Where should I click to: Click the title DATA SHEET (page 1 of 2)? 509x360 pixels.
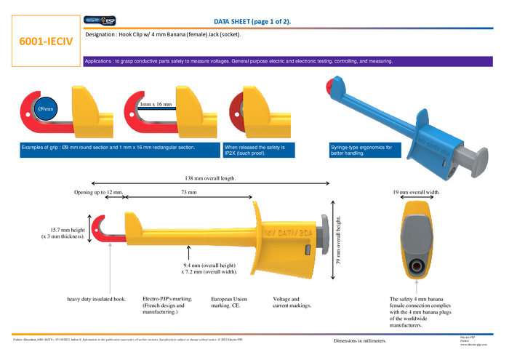[x=252, y=21]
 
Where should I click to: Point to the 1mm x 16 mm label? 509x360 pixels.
[x=156, y=105]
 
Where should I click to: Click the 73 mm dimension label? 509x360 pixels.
[x=188, y=193]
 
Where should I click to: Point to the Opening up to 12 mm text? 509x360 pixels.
[x=100, y=193]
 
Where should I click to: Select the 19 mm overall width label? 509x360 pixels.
[x=417, y=193]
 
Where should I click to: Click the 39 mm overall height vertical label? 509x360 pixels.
[x=339, y=237]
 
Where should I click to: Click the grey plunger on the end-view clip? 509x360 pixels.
[x=416, y=237]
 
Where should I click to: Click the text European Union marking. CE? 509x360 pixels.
[x=229, y=302]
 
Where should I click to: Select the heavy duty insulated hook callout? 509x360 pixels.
[x=97, y=298]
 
